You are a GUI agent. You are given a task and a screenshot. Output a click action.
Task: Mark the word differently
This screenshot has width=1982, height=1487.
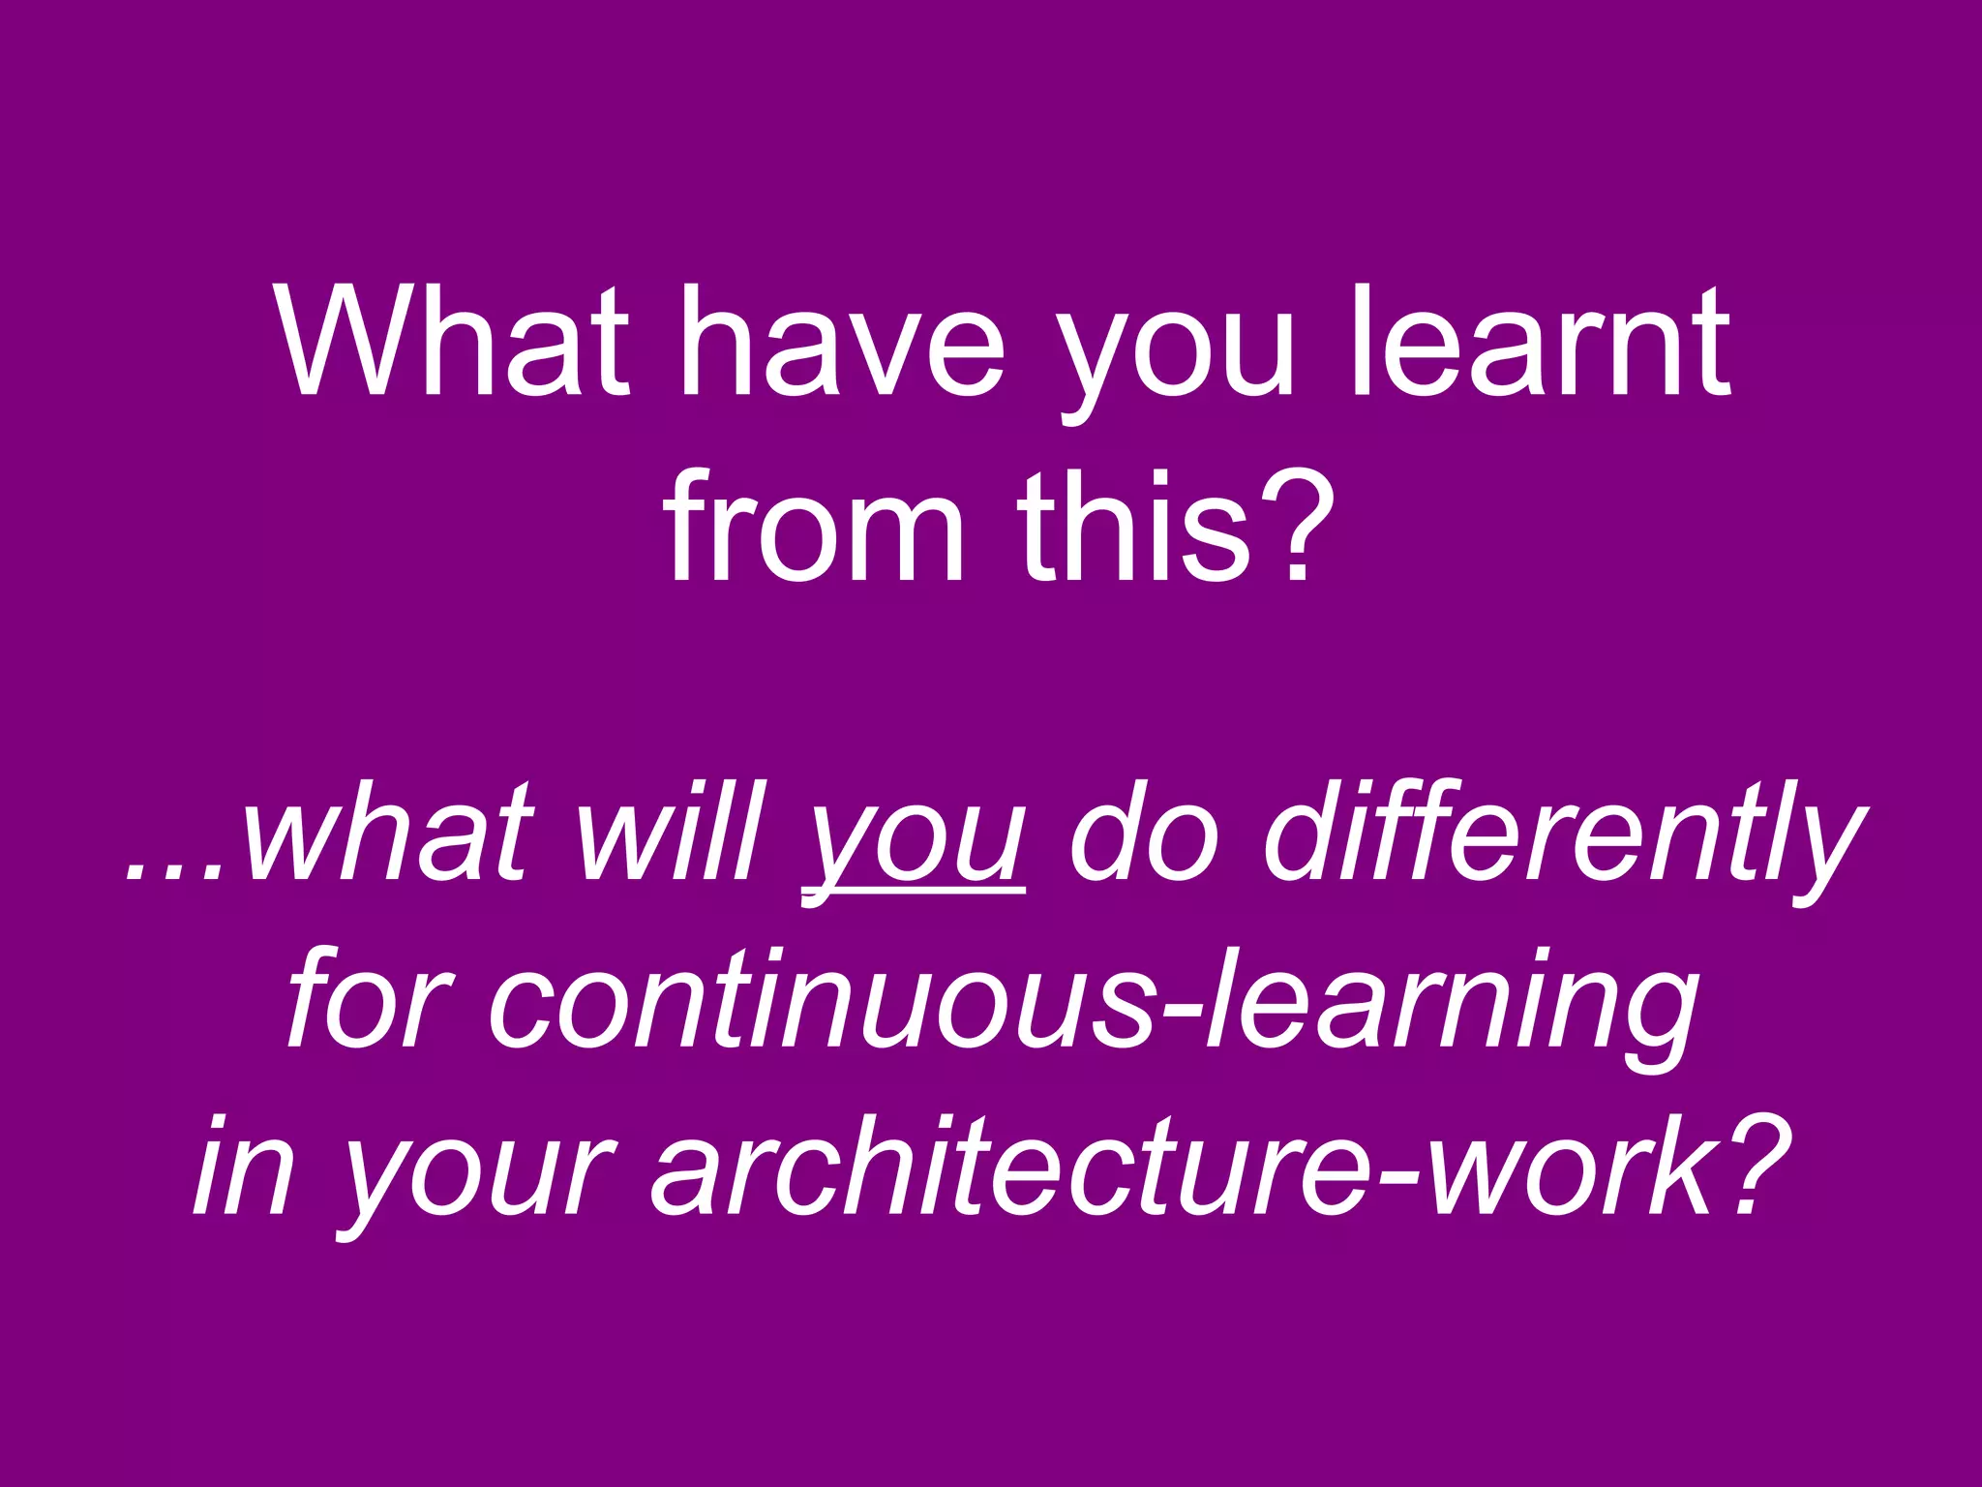click(1558, 837)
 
